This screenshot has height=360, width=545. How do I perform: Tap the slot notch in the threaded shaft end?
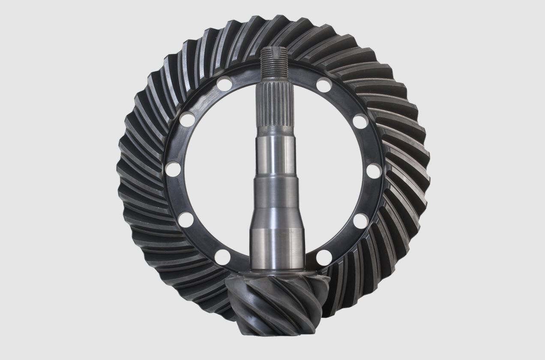[274, 52]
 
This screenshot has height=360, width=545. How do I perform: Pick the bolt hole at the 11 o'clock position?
[223, 83]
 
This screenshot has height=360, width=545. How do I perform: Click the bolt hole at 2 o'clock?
[360, 121]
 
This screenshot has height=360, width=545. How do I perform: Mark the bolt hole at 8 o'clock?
[186, 219]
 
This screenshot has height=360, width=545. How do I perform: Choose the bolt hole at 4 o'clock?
[361, 221]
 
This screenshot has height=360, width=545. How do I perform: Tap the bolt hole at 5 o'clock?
[324, 258]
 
